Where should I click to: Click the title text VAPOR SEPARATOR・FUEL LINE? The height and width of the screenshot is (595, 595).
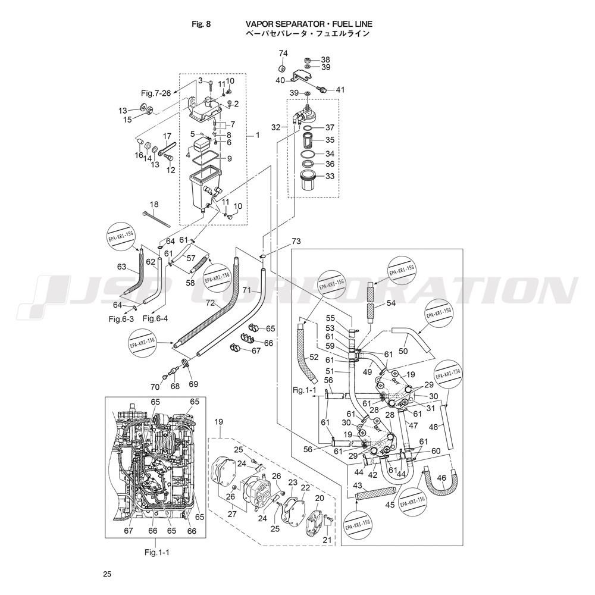pos(309,24)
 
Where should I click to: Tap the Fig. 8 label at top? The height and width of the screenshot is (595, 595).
pos(201,24)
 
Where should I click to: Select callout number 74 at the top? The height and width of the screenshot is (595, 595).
pos(283,54)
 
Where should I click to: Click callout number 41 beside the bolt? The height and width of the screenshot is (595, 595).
pos(340,90)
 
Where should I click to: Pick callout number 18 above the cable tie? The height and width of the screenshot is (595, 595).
pos(154,204)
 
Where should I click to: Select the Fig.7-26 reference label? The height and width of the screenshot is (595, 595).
pos(156,93)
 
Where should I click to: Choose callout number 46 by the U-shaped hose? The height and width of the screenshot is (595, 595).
pos(441,478)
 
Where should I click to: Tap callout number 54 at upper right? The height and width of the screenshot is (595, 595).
pos(390,303)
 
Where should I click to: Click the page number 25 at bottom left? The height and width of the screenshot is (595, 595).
pos(107,574)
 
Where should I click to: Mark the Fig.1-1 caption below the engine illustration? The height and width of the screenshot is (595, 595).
pos(157,552)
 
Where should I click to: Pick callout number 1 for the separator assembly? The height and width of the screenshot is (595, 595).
pos(257,135)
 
